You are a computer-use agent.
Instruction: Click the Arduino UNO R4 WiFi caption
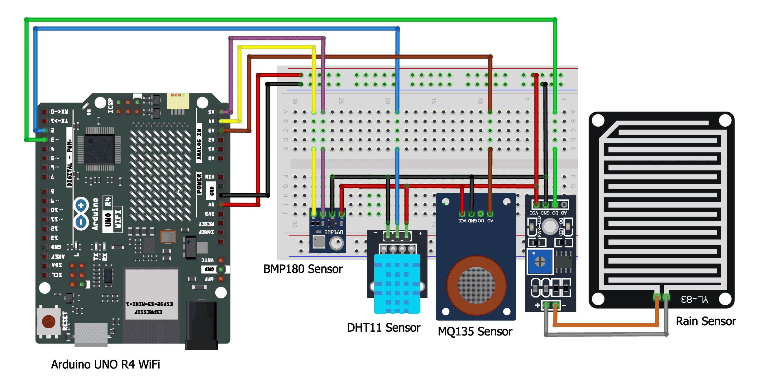[x=105, y=364]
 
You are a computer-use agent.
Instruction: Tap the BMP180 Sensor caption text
[x=303, y=269]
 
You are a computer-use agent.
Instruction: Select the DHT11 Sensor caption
[x=383, y=328]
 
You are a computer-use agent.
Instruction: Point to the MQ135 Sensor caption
[x=475, y=331]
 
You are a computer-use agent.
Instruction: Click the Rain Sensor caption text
[x=705, y=321]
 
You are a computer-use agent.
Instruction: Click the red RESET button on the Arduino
[x=49, y=321]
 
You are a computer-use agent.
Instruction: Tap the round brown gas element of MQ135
[x=476, y=285]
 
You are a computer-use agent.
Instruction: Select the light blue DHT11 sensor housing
[x=397, y=283]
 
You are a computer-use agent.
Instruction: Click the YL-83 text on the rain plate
[x=695, y=299]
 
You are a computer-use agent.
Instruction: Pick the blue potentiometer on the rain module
[x=540, y=261]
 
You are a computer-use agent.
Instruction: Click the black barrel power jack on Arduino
[x=202, y=325]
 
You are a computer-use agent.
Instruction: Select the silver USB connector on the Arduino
[x=91, y=335]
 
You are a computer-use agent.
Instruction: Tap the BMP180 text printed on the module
[x=333, y=232]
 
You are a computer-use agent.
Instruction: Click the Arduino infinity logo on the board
[x=81, y=213]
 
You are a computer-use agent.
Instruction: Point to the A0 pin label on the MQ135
[x=490, y=221]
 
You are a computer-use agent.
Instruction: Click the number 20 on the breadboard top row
[x=387, y=101]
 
